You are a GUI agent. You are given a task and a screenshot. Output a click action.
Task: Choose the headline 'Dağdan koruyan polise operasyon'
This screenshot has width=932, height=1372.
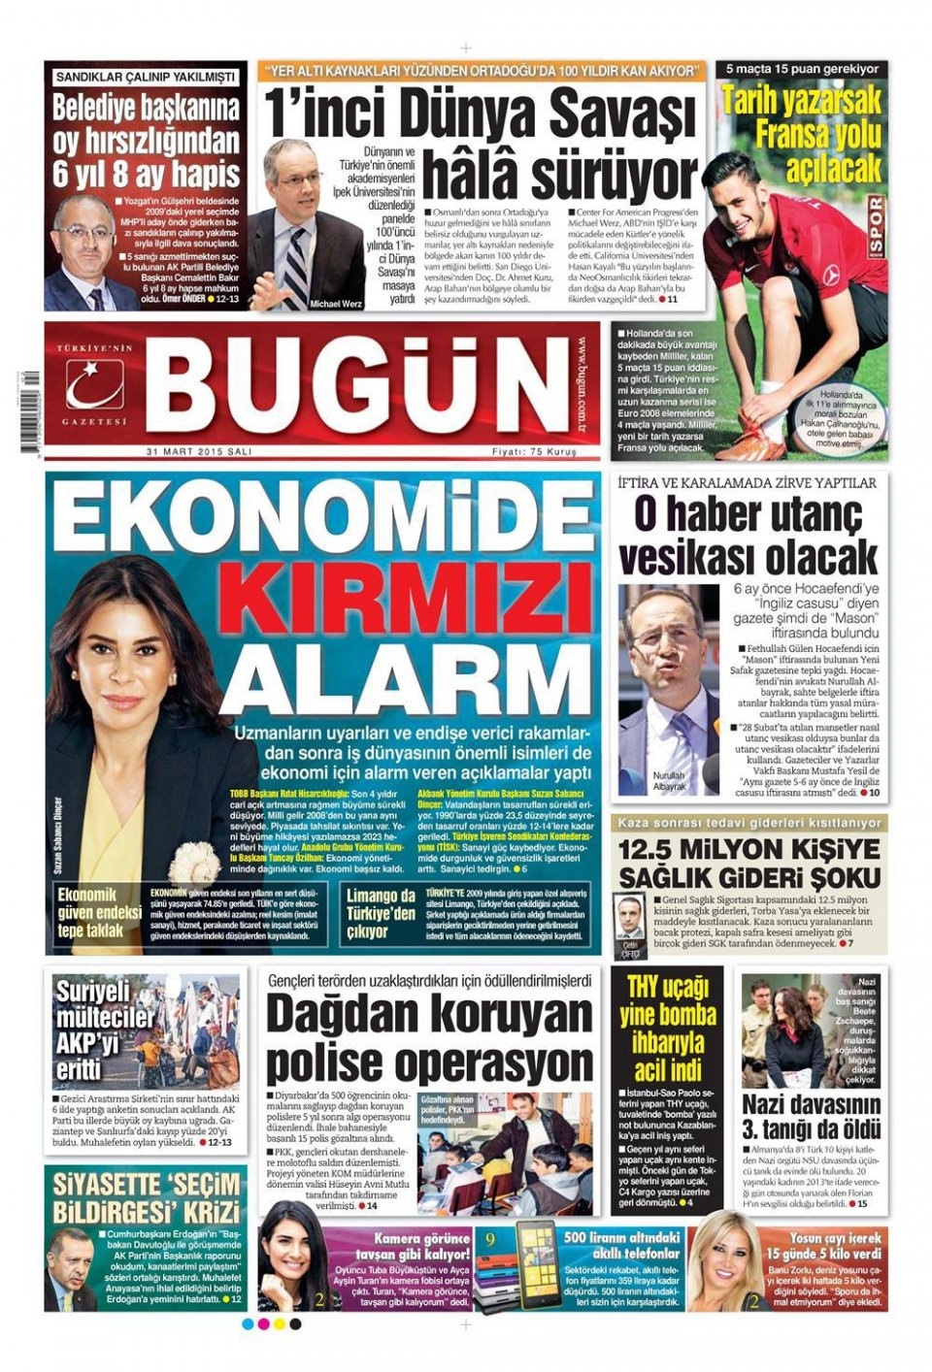[429, 1039]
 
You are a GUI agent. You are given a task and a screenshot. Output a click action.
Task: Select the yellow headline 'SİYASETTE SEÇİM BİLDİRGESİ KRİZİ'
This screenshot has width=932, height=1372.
[147, 1198]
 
